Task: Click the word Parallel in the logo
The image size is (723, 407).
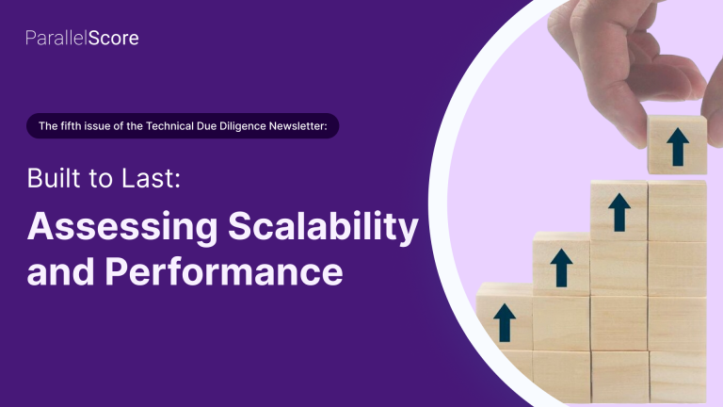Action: pyautogui.click(x=56, y=39)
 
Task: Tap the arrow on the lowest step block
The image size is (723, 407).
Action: pyautogui.click(x=505, y=323)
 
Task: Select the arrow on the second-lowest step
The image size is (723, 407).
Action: pyautogui.click(x=562, y=269)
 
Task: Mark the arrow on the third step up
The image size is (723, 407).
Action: pyautogui.click(x=619, y=212)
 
